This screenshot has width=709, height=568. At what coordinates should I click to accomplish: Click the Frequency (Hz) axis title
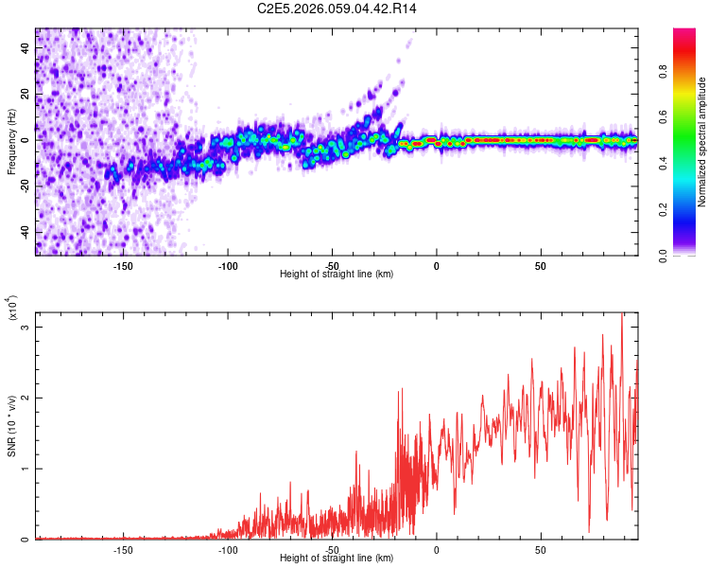11,142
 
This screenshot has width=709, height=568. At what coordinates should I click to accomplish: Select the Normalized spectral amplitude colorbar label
702,142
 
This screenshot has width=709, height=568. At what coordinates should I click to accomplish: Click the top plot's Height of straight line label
337,274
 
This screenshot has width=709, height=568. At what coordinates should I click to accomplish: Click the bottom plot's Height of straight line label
337,558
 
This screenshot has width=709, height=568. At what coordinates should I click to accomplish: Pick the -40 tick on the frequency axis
25,232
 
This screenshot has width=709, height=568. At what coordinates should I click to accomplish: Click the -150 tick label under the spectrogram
123,265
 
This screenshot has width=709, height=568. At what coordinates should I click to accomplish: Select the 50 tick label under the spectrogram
540,265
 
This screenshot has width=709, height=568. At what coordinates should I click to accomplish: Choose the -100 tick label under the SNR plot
227,549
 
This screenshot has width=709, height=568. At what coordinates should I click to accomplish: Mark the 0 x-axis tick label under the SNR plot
436,549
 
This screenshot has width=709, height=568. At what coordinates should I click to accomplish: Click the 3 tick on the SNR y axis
26,328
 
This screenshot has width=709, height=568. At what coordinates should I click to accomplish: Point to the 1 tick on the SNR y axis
26,469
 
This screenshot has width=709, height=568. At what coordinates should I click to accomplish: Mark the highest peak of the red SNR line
622,314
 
